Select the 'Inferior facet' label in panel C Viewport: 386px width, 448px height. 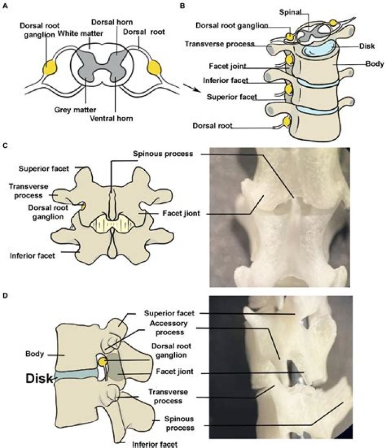coord(32,256)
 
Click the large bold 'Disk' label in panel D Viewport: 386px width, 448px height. coord(38,378)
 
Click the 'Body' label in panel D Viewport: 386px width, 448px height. coord(34,354)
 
